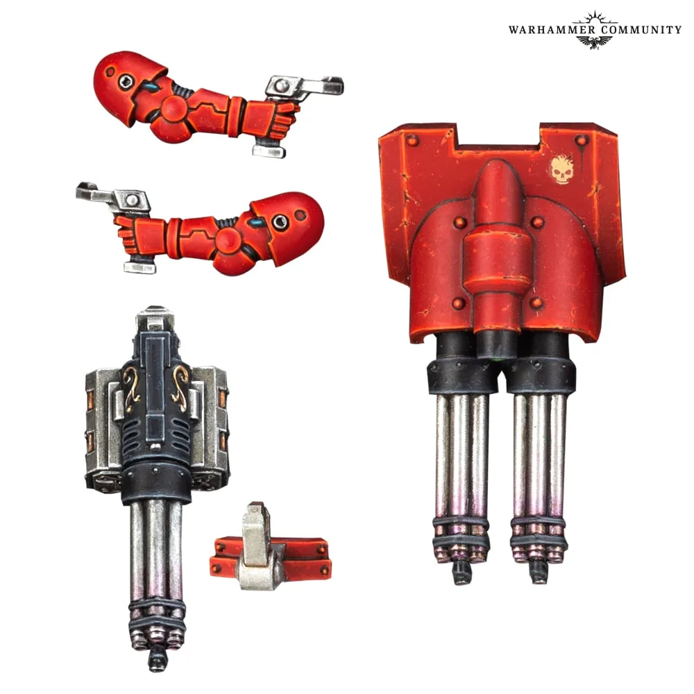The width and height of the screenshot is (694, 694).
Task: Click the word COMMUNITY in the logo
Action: pos(641,30)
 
